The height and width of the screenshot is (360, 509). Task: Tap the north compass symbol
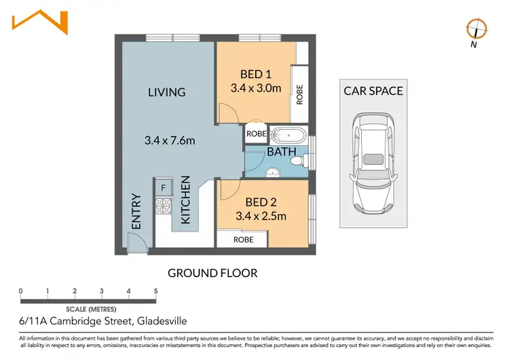click(x=476, y=29)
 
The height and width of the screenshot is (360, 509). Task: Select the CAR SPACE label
click(x=373, y=91)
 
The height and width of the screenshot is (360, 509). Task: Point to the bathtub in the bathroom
click(x=288, y=135)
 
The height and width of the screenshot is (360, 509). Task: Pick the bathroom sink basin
click(x=273, y=173)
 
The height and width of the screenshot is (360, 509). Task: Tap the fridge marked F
click(x=164, y=187)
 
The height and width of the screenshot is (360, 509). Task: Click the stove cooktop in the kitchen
click(x=164, y=206)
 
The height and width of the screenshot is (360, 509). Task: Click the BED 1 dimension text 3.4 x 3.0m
click(x=256, y=88)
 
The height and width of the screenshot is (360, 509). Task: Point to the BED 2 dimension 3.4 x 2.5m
click(x=261, y=216)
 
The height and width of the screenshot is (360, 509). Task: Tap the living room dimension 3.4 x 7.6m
click(x=170, y=141)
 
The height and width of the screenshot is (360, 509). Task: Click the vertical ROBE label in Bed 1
click(x=299, y=94)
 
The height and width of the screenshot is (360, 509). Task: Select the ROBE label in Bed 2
click(x=244, y=240)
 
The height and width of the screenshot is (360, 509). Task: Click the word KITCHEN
click(x=185, y=200)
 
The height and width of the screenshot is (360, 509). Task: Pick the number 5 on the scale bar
click(x=156, y=291)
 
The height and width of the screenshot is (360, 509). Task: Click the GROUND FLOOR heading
click(x=212, y=273)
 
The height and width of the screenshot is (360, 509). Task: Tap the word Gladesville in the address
click(x=162, y=321)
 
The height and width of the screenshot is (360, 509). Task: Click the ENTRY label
click(x=136, y=211)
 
